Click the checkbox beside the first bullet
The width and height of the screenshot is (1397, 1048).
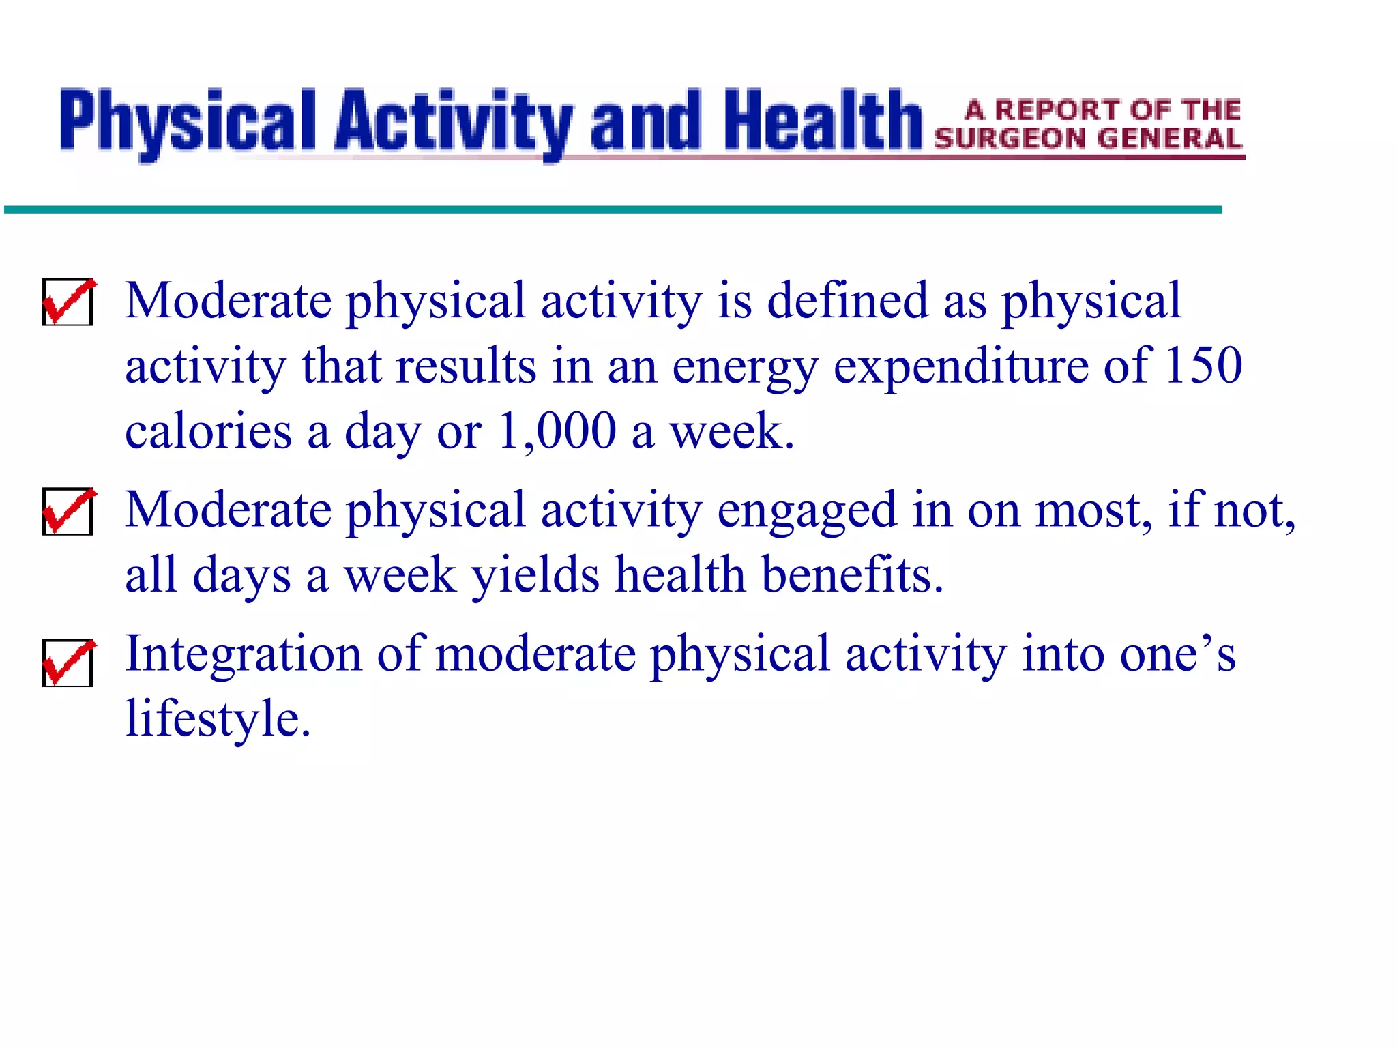click(x=68, y=302)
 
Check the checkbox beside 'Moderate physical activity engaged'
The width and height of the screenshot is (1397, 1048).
click(x=68, y=511)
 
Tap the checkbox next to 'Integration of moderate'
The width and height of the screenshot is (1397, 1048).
click(x=68, y=663)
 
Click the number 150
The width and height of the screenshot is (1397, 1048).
click(x=1203, y=366)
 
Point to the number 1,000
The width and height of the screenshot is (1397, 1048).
click(x=557, y=431)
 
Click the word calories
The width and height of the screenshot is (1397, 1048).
click(x=208, y=431)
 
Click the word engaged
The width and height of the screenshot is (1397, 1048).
click(x=806, y=512)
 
